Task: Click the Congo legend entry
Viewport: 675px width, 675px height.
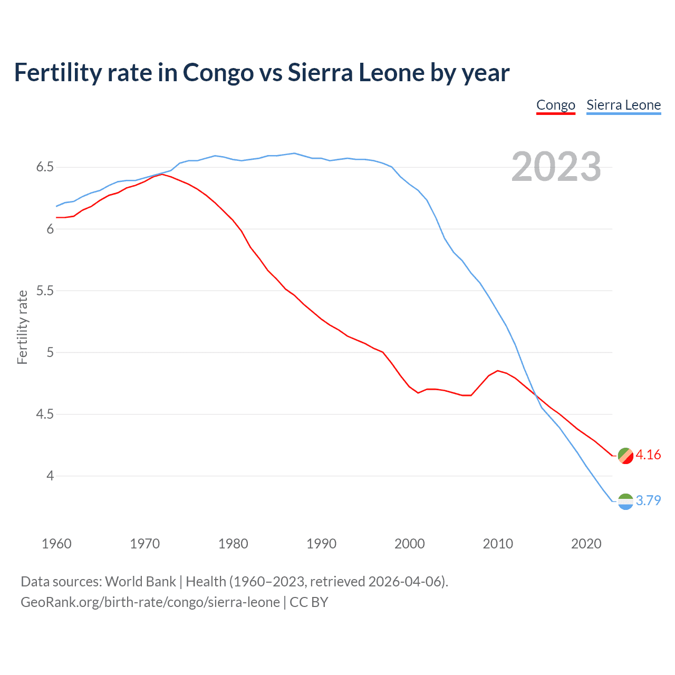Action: pyautogui.click(x=555, y=105)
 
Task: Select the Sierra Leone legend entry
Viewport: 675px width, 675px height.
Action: pyautogui.click(x=623, y=105)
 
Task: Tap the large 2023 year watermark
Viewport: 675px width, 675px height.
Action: pyautogui.click(x=556, y=167)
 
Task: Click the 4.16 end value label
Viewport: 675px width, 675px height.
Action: pyautogui.click(x=648, y=455)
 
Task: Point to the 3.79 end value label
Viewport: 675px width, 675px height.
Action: pyautogui.click(x=648, y=500)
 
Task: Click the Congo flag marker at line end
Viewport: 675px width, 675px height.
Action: pyautogui.click(x=625, y=456)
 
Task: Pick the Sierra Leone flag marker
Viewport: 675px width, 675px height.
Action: pyautogui.click(x=625, y=502)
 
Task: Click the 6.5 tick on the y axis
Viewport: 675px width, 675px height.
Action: pyautogui.click(x=45, y=167)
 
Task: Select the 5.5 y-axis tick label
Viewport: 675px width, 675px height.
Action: pyautogui.click(x=45, y=291)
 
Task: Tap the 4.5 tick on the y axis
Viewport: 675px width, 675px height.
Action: pyautogui.click(x=45, y=414)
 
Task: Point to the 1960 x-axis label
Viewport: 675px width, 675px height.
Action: pyautogui.click(x=56, y=544)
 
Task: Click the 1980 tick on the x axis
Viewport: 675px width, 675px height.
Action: pyautogui.click(x=233, y=544)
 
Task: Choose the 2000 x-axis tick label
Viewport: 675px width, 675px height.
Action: pyautogui.click(x=410, y=544)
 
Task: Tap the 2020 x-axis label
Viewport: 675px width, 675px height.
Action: pyautogui.click(x=586, y=544)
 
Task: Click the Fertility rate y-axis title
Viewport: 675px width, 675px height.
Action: pyautogui.click(x=22, y=327)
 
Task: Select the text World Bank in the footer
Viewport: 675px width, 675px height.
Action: pyautogui.click(x=140, y=582)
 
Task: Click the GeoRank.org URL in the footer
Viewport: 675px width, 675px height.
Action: pyautogui.click(x=150, y=602)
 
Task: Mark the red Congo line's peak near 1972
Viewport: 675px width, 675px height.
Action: pyautogui.click(x=162, y=174)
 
